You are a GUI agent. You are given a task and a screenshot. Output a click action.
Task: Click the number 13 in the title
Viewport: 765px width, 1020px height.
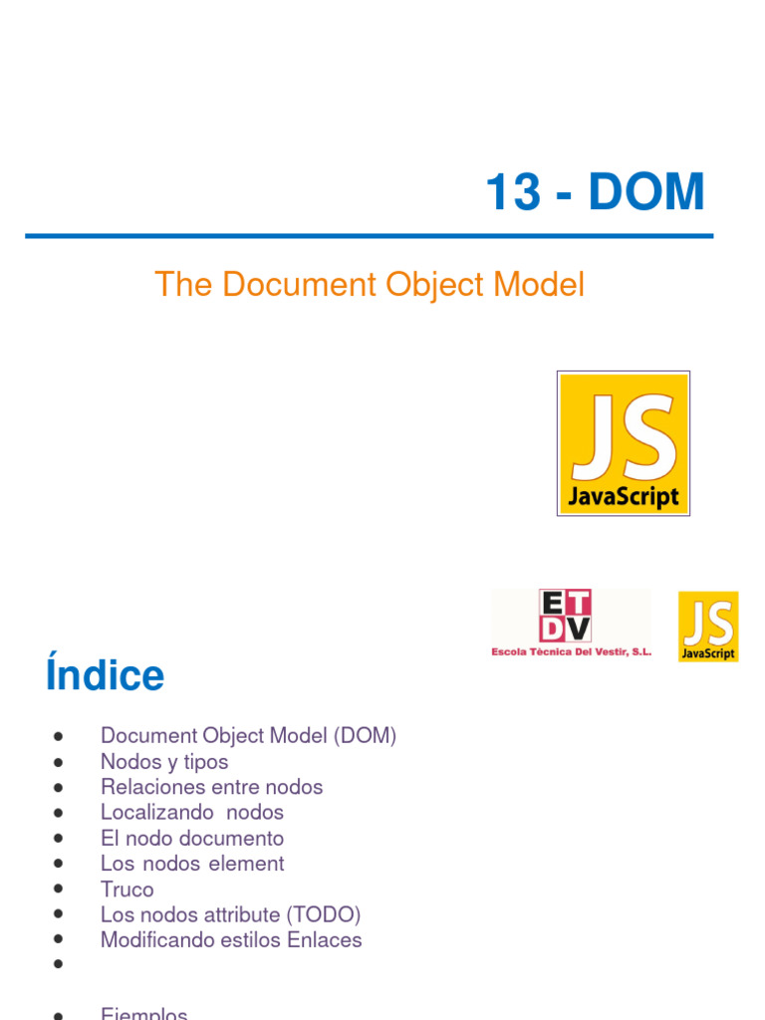512,193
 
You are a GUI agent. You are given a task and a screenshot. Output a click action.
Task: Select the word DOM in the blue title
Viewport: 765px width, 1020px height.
646,193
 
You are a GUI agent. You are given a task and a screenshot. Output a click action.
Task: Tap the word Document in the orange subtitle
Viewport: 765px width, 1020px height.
298,286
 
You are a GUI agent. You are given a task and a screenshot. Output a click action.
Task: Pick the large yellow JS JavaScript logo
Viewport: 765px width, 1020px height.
624,443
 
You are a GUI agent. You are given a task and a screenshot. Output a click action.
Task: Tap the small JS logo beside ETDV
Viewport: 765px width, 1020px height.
708,627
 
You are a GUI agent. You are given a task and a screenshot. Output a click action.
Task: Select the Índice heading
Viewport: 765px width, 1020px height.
105,676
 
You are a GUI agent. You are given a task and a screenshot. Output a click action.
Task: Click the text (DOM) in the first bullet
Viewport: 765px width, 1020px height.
366,736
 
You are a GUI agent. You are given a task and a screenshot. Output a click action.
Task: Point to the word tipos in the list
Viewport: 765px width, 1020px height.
202,762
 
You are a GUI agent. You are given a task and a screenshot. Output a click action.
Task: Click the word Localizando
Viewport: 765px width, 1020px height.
152,813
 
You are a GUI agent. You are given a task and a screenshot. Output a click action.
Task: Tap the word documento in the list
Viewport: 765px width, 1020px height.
235,839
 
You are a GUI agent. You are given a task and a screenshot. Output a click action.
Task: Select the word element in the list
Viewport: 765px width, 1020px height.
246,864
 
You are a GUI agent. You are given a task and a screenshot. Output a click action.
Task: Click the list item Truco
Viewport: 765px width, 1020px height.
127,890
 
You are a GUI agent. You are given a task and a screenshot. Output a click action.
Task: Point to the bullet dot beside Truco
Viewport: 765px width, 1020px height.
60,889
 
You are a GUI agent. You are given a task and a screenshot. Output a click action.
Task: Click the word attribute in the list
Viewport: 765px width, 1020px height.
235,914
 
